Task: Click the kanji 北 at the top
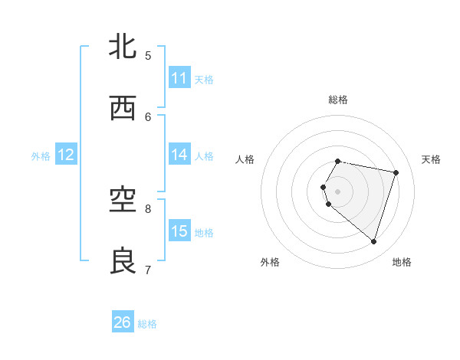tap(123, 47)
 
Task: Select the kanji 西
tap(123, 109)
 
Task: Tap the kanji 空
tap(123, 200)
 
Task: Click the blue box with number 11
tap(179, 78)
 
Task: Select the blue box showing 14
tap(179, 155)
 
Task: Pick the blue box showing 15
tap(179, 231)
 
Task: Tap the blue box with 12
tap(66, 155)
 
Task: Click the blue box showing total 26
tap(123, 322)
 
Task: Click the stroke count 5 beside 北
tap(148, 55)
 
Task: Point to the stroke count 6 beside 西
tap(148, 116)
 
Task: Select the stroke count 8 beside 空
tap(148, 208)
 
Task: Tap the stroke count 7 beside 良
tap(148, 270)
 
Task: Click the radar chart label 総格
tap(338, 100)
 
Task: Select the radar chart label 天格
tap(431, 159)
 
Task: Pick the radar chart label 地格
tap(402, 262)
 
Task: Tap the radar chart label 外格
tap(270, 262)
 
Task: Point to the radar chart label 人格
tap(245, 159)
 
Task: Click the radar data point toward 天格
tap(396, 172)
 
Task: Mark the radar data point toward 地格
tap(373, 241)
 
